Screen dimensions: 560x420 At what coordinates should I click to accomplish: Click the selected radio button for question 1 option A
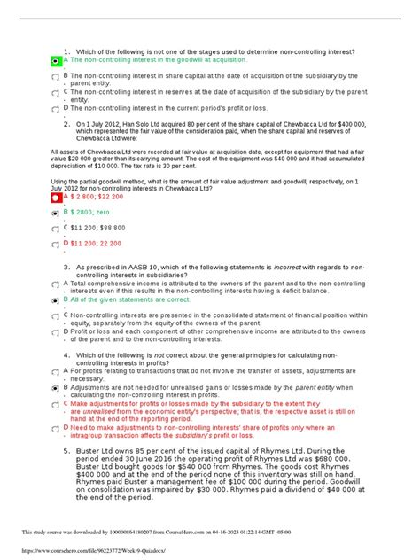[56, 62]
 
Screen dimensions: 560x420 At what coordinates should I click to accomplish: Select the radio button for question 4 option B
[56, 389]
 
